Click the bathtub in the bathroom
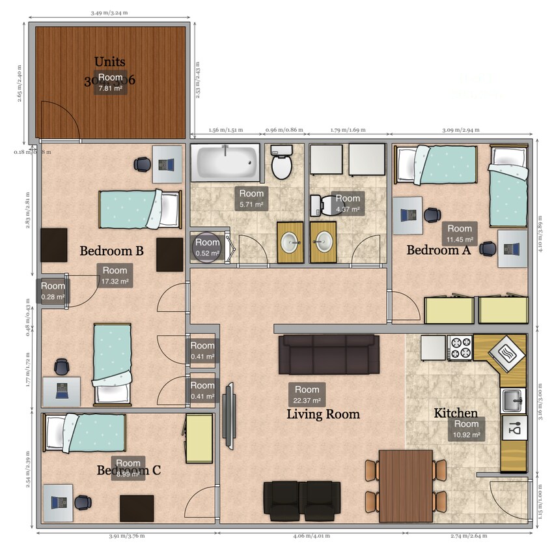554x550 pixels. point(225,163)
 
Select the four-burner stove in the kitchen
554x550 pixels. point(460,347)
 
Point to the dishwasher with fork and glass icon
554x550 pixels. point(514,429)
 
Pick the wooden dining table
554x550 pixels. point(406,482)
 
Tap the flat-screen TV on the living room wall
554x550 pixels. point(229,416)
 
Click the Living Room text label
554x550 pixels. point(323,414)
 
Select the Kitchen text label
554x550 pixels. point(456,413)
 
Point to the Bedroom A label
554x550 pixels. point(438,250)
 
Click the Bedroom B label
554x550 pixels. point(111,251)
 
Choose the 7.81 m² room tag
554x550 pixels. point(110,83)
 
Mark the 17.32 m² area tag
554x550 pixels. point(115,276)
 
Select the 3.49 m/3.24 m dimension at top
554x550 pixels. point(109,12)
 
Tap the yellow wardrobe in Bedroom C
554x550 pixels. point(199,438)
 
